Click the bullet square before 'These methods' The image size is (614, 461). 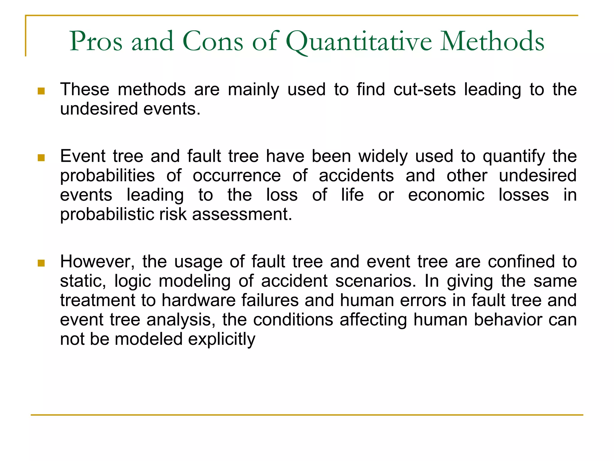[41, 91]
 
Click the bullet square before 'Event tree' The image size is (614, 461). [41, 158]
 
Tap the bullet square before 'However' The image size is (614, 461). [41, 263]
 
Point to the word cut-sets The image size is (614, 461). [424, 89]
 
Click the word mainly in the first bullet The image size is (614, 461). [253, 89]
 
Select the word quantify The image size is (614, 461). [514, 157]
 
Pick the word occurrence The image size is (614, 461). [237, 176]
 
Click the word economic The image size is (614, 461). [446, 195]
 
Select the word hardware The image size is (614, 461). [198, 300]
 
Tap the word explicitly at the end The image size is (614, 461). [222, 339]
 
